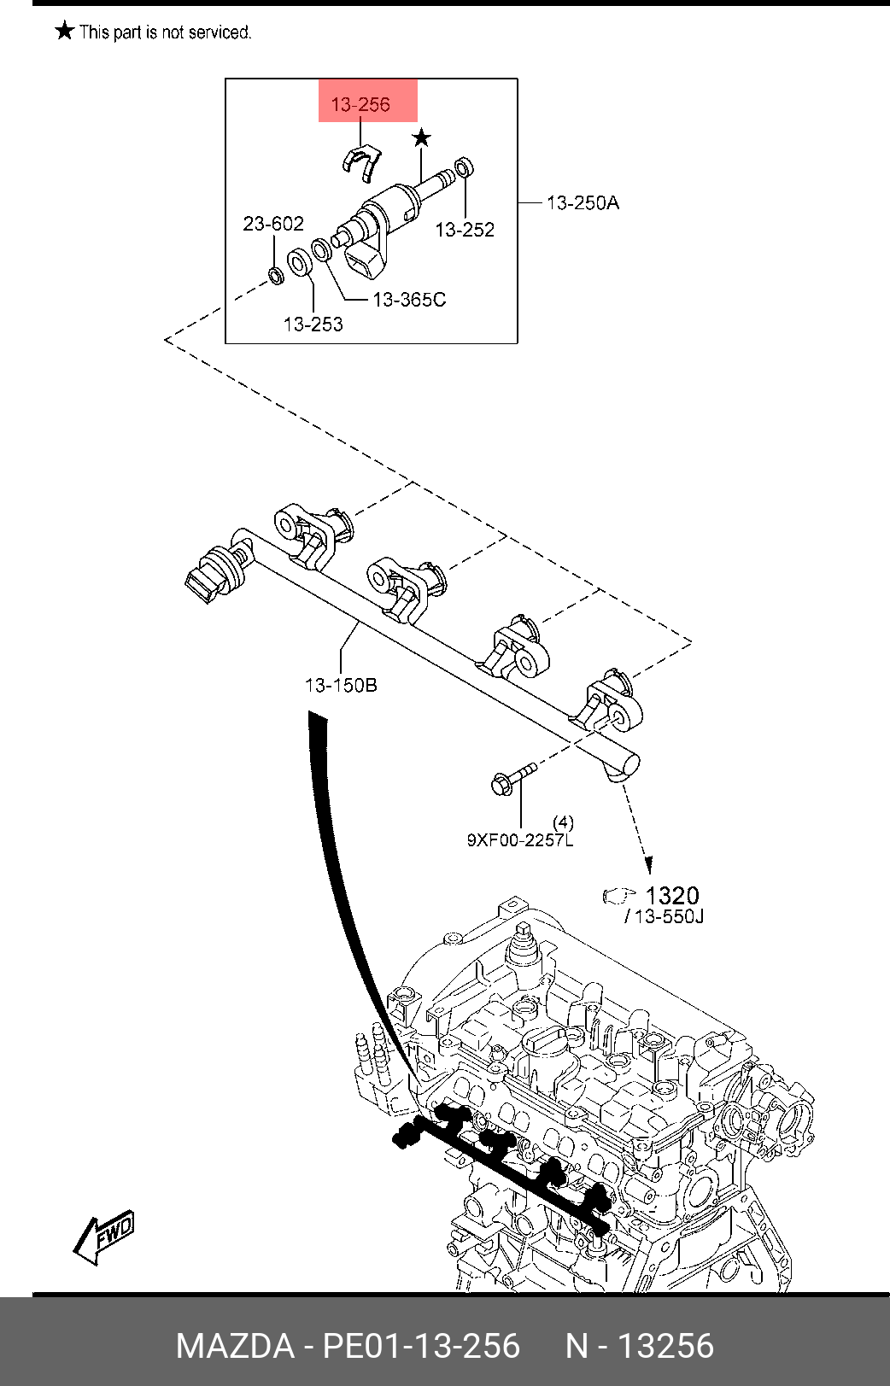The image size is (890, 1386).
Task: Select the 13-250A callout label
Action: point(583,202)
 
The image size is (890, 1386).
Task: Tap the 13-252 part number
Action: point(465,230)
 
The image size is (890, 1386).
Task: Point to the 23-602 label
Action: point(273,224)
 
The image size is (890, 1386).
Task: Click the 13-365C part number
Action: point(409,300)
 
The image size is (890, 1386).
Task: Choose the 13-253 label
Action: point(313,325)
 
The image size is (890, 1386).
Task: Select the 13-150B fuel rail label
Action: point(340,685)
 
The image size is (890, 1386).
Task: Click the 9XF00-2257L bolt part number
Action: point(519,840)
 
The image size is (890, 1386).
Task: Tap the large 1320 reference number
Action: point(672,896)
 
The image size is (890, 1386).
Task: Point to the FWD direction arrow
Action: point(104,1236)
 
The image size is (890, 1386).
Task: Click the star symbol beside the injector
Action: point(421,137)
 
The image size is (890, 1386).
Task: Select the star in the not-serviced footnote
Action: point(64,32)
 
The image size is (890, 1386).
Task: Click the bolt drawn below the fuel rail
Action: point(512,778)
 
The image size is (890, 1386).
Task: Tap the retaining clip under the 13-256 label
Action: point(362,162)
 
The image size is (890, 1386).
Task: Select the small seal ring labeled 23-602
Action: point(275,276)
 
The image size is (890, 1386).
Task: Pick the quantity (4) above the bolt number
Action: point(563,822)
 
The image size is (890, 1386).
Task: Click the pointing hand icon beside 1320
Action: point(619,896)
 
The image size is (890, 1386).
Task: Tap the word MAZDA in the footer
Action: point(234,1346)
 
